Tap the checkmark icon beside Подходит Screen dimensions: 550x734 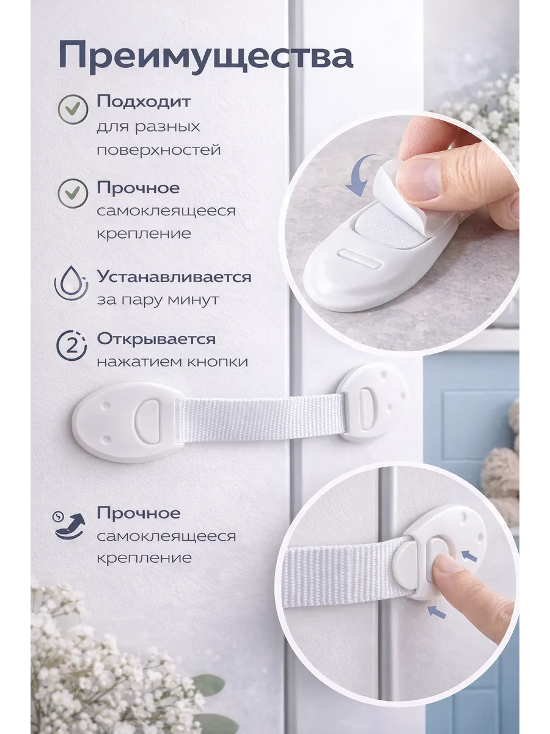(73, 109)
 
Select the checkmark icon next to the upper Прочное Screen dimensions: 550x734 (73, 193)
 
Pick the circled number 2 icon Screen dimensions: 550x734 (71, 346)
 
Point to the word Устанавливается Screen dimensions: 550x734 (174, 277)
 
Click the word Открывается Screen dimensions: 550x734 (156, 339)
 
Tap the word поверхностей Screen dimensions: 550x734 (159, 149)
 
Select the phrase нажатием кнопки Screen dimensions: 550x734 (172, 362)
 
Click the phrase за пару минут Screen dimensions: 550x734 (158, 300)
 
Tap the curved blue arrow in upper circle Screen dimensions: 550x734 (362, 175)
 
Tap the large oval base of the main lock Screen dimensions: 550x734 (124, 423)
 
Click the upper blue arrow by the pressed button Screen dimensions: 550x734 (469, 557)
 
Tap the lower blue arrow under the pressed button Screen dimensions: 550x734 (437, 611)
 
